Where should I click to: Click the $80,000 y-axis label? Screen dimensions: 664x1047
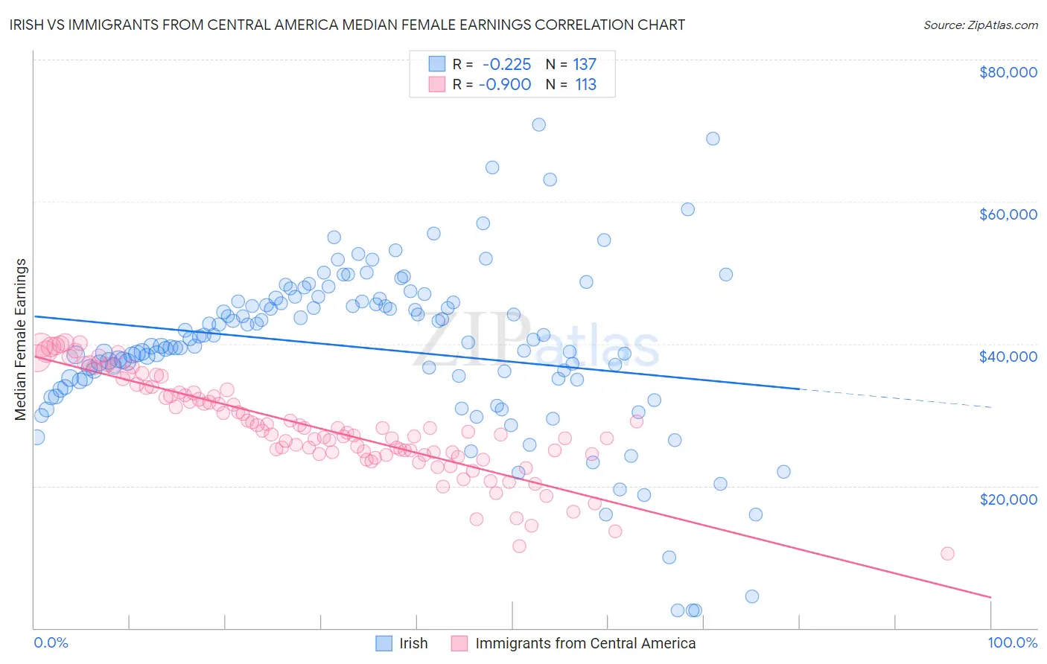pos(1008,72)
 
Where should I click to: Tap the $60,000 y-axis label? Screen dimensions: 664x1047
pos(1008,214)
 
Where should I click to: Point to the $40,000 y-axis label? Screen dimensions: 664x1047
pos(1008,357)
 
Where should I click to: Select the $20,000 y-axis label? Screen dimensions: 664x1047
pos(1008,499)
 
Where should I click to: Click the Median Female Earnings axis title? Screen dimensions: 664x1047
pos(21,339)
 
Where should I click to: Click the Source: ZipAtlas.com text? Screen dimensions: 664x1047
pos(980,25)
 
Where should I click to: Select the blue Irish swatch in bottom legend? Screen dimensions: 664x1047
pos(384,643)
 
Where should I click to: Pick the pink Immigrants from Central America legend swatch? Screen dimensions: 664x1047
pos(459,643)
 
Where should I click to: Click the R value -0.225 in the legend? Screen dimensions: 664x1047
pos(506,65)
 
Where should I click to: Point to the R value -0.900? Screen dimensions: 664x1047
pos(505,85)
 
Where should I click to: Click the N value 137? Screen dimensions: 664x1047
pos(585,65)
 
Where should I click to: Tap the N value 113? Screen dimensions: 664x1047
pos(585,85)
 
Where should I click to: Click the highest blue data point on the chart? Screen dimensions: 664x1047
pos(538,125)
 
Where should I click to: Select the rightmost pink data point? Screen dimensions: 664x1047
pos(947,553)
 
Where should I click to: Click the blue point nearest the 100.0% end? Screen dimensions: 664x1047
pos(783,471)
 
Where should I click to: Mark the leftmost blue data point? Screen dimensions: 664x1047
pos(36,437)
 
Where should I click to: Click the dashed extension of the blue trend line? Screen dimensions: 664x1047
pos(894,398)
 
